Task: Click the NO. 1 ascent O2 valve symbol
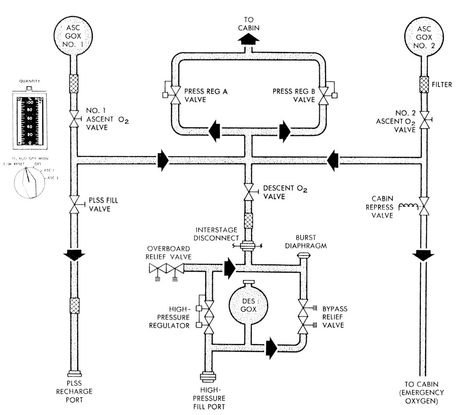[74, 118]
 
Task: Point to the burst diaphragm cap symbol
[304, 256]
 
